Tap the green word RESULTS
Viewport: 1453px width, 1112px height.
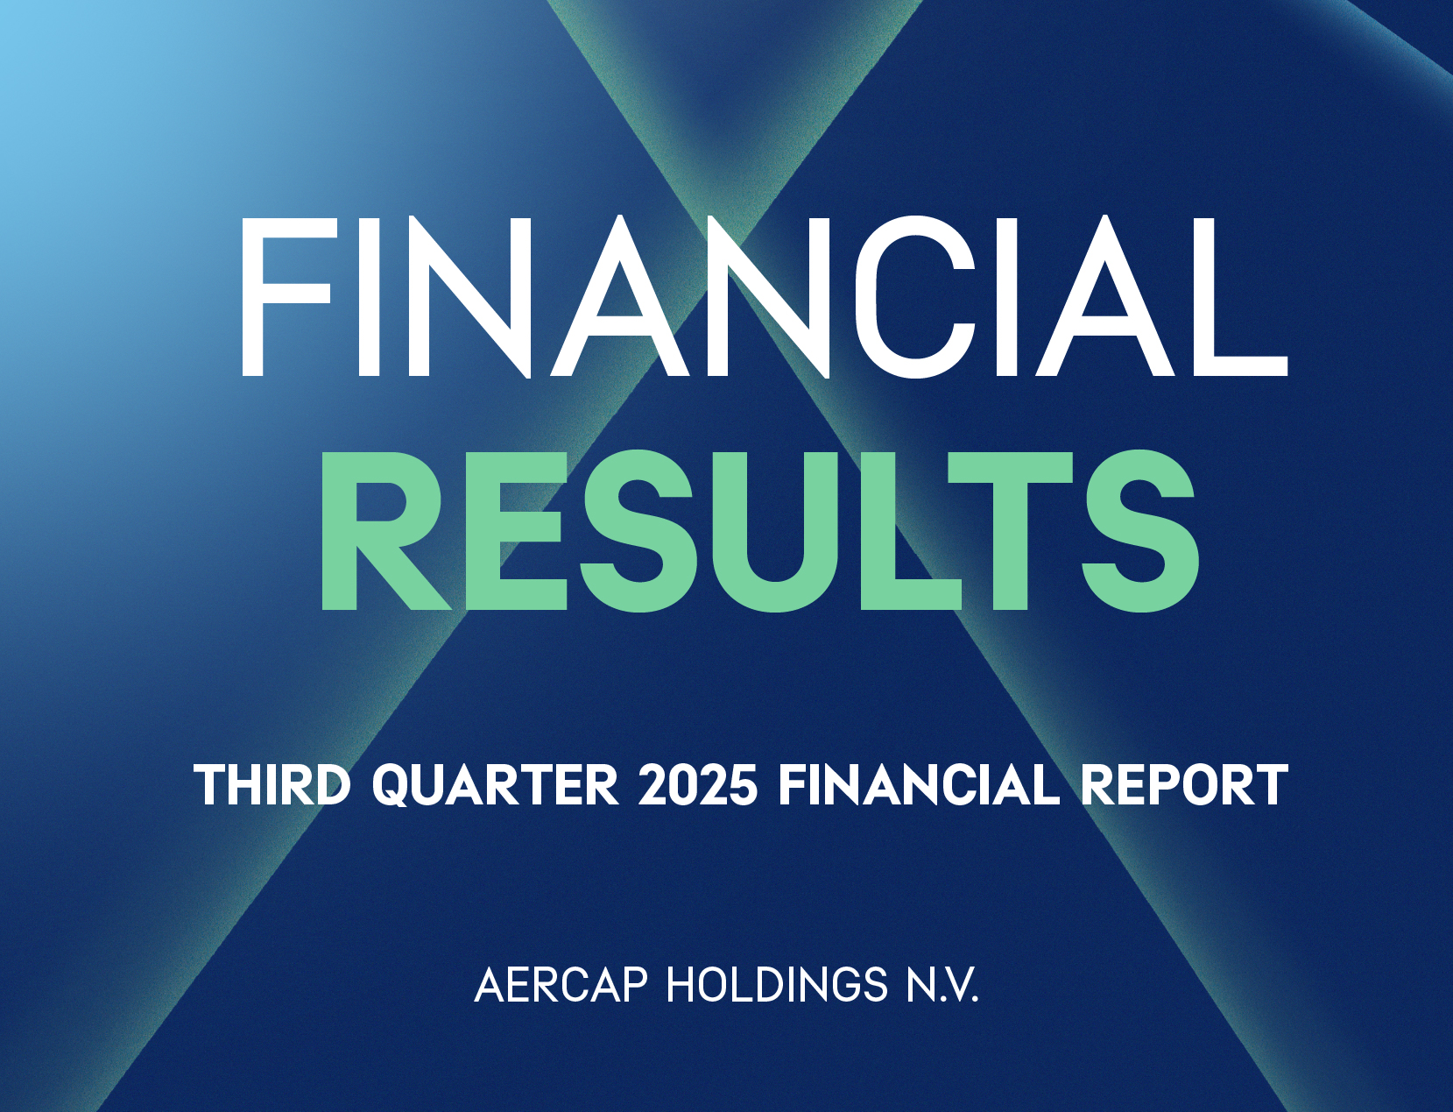coord(758,531)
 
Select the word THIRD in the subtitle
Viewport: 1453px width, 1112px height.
coord(272,784)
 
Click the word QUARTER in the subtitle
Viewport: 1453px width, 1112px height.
coord(496,784)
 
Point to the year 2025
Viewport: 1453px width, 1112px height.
coord(697,784)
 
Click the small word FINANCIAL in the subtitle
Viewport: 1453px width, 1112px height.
coord(919,784)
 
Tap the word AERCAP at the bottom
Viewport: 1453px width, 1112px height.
coord(561,986)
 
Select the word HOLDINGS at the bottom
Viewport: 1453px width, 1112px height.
coord(778,986)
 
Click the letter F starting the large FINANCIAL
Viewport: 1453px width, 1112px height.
coord(285,296)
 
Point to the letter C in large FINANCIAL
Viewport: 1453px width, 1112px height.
coord(915,296)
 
